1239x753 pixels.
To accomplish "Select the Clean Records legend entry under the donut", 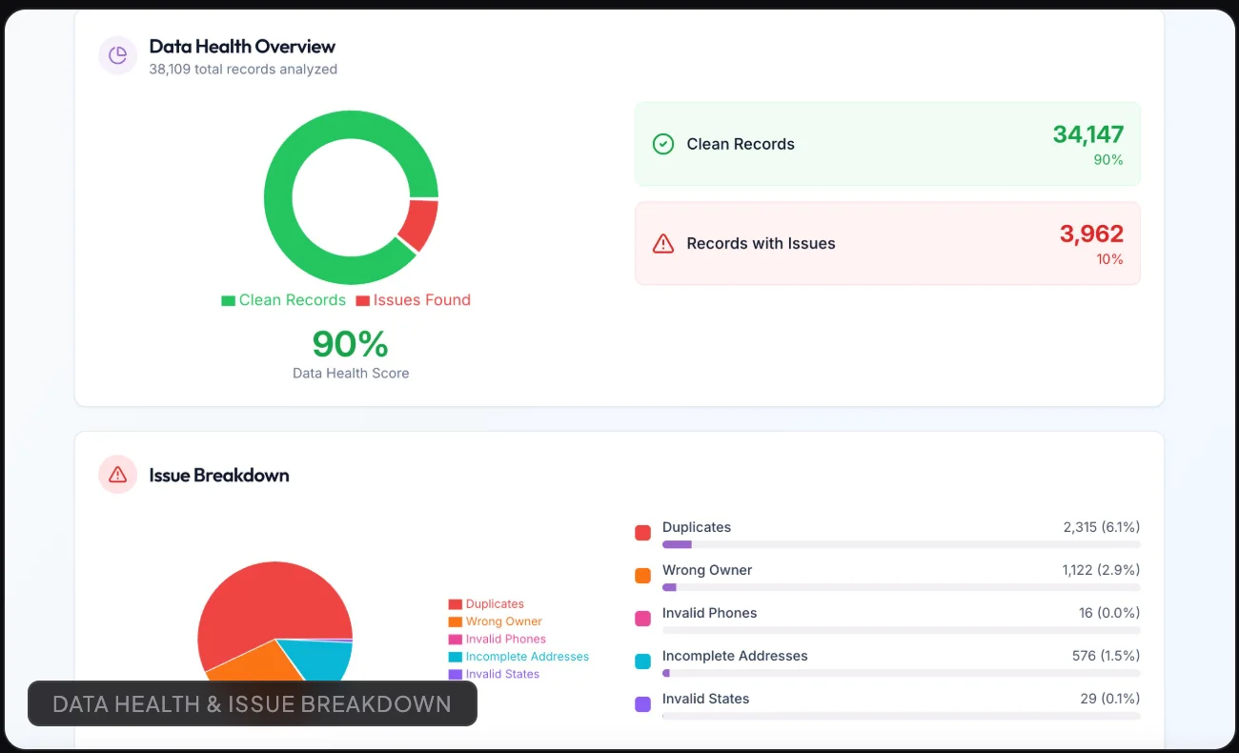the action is [284, 300].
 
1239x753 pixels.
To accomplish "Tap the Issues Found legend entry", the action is [414, 300].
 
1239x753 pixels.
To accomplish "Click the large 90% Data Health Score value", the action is [350, 343].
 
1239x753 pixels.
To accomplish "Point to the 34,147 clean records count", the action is [1088, 133].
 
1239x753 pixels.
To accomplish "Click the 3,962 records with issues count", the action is [1091, 234].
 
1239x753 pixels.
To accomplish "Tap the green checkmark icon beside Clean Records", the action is [663, 144].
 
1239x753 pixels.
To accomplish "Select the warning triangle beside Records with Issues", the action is [663, 243].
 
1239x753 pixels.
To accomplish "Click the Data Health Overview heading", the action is [242, 47].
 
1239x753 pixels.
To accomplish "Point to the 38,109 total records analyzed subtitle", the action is [243, 70].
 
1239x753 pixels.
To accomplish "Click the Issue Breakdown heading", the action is [219, 476].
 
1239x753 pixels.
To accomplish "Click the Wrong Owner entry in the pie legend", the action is [495, 621].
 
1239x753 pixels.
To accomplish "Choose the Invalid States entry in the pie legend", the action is [494, 674].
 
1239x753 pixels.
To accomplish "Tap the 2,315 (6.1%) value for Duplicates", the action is [1101, 527].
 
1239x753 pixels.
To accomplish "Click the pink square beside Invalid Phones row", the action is [642, 619].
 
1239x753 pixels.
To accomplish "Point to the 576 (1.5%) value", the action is [1106, 656].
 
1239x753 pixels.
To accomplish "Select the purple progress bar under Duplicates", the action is [677, 544].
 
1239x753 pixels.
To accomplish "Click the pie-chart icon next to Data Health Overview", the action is [118, 55].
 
